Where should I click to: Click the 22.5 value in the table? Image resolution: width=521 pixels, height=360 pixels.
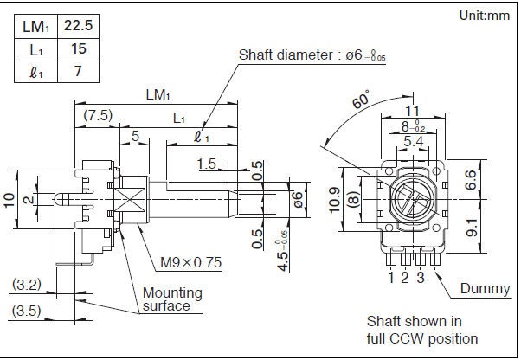(77, 26)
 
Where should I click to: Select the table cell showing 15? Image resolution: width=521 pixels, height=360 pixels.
(77, 48)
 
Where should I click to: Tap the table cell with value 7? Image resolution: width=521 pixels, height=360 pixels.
(77, 71)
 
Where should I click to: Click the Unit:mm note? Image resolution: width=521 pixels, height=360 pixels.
(485, 15)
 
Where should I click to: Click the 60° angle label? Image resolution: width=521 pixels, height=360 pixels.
(360, 100)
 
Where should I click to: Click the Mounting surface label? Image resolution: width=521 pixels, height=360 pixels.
(171, 299)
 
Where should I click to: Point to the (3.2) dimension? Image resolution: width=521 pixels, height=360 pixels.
(27, 283)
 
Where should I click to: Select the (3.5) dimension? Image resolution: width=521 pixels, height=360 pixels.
(27, 310)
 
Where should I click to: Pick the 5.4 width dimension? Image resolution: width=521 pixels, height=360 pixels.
(413, 141)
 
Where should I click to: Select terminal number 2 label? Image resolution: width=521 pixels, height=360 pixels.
(405, 278)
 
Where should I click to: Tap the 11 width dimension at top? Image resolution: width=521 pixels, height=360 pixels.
(412, 110)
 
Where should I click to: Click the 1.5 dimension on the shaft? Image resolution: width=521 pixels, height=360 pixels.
(206, 164)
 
